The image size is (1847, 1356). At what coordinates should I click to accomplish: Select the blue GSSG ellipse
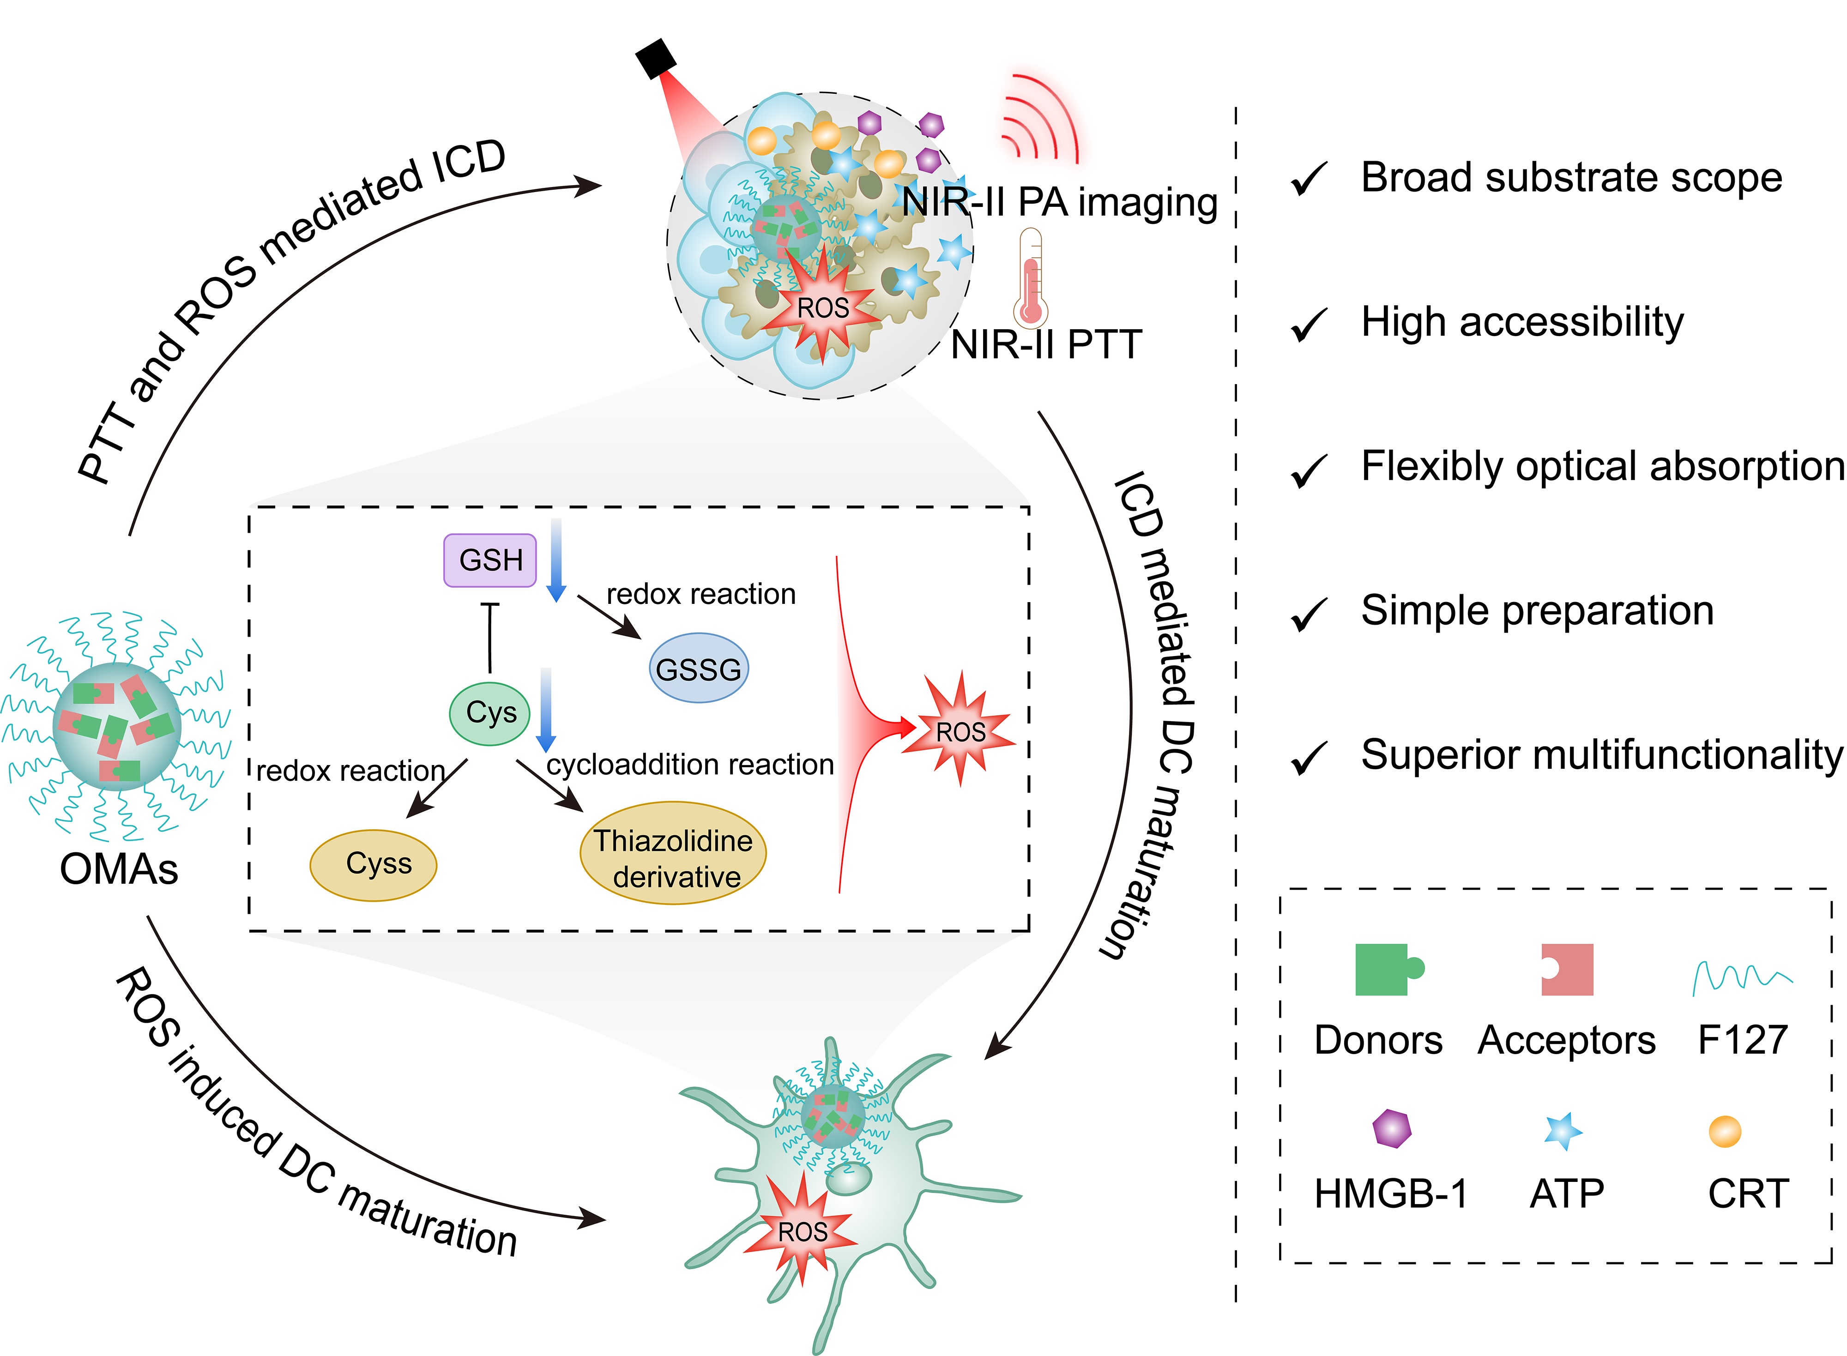(x=699, y=668)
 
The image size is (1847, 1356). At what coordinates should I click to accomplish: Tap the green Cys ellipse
(x=490, y=713)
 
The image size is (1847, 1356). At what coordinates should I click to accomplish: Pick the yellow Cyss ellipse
(x=374, y=864)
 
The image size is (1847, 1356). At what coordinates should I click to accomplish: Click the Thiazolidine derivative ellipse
(x=673, y=854)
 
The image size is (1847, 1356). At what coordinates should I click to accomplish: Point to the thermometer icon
(x=1030, y=279)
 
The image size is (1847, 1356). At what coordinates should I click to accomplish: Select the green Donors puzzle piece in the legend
(x=1387, y=970)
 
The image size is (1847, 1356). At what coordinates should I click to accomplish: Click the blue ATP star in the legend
(x=1562, y=1131)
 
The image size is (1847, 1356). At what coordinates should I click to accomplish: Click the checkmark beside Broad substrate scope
(x=1309, y=179)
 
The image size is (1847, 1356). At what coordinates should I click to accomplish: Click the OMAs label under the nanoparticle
(x=119, y=868)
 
